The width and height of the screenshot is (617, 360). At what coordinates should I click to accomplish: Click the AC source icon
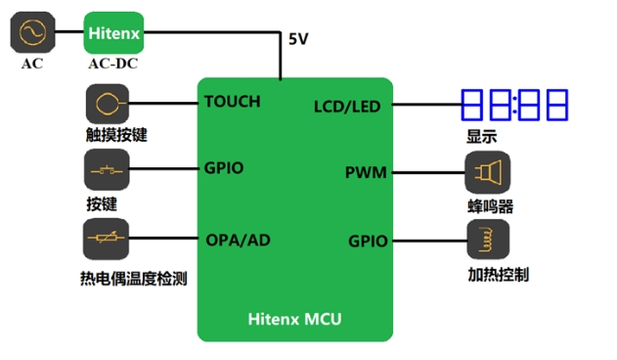coord(32,33)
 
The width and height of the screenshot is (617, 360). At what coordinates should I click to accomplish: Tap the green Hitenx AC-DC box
coord(114,33)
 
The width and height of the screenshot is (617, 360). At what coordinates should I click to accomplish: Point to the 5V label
coord(299,40)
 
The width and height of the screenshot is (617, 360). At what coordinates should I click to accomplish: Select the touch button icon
coord(108,103)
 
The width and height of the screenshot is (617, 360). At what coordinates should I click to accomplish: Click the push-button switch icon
coord(108,171)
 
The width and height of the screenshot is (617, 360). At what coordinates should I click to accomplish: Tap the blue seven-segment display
coord(515,105)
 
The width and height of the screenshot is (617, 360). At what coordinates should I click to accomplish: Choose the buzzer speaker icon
coord(486,173)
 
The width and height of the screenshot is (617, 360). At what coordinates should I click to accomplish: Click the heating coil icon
coord(486,241)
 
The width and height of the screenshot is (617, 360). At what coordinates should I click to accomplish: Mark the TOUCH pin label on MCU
coord(233,101)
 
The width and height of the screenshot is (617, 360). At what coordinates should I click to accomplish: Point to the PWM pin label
coord(366,173)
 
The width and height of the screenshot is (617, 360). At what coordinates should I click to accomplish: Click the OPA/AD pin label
coord(238,240)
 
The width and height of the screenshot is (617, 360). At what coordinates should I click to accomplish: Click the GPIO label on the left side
coord(224,168)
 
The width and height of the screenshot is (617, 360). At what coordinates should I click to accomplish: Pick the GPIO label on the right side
coord(368,241)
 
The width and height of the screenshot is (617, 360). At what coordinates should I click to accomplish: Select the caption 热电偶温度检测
coord(133,279)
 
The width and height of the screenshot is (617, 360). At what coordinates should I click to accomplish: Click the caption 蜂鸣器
coord(490,207)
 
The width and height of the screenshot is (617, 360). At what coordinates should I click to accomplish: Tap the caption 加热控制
coord(498,275)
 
